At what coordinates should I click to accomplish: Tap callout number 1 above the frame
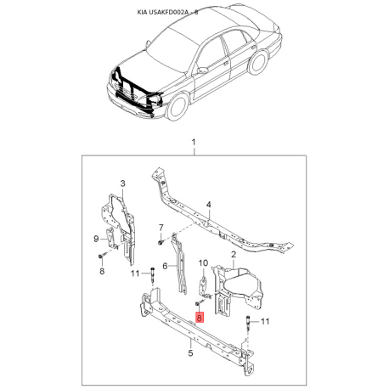194,142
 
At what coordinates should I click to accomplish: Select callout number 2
234,255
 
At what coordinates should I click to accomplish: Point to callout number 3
122,183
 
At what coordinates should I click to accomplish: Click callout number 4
209,205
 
